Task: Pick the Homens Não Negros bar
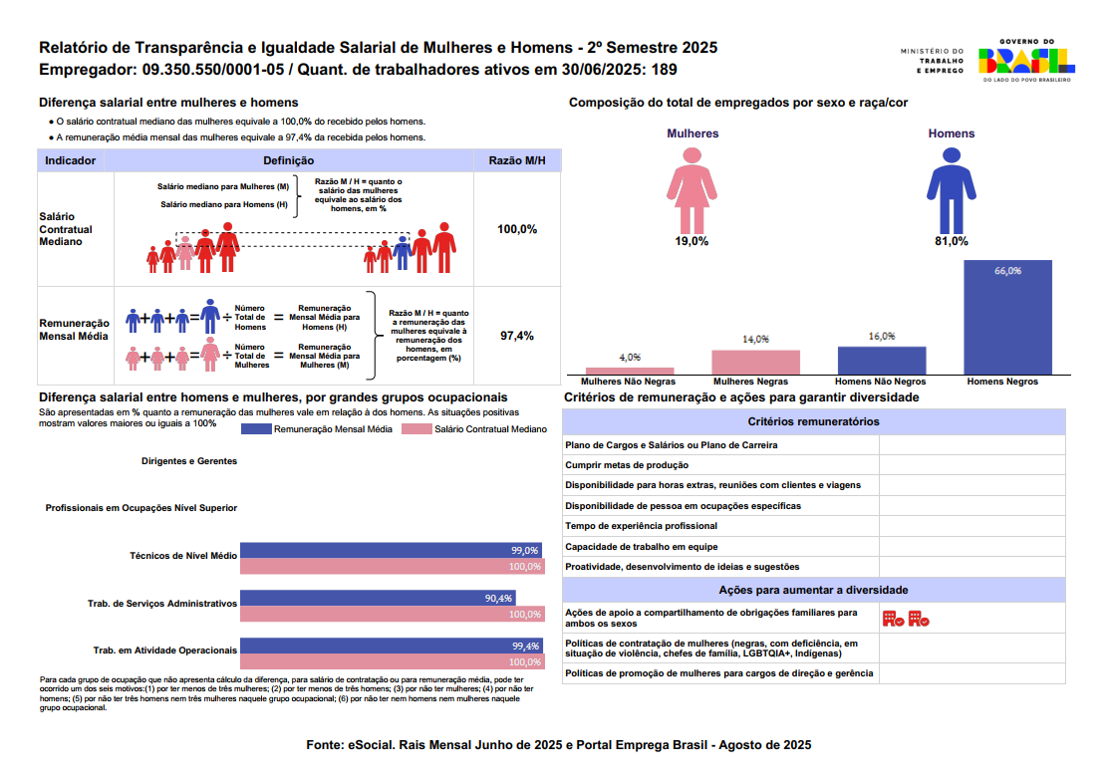(882, 360)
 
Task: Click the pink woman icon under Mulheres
(693, 187)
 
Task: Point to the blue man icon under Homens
(952, 187)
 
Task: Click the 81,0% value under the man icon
(952, 241)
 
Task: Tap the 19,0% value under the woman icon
(693, 241)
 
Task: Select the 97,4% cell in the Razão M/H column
(517, 336)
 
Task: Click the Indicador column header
(71, 160)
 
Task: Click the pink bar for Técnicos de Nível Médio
(392, 567)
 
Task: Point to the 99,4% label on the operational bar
(525, 647)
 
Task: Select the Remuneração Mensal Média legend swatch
(256, 429)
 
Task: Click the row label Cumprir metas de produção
(627, 465)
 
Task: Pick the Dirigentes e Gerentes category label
(189, 462)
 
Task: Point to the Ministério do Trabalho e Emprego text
(932, 62)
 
